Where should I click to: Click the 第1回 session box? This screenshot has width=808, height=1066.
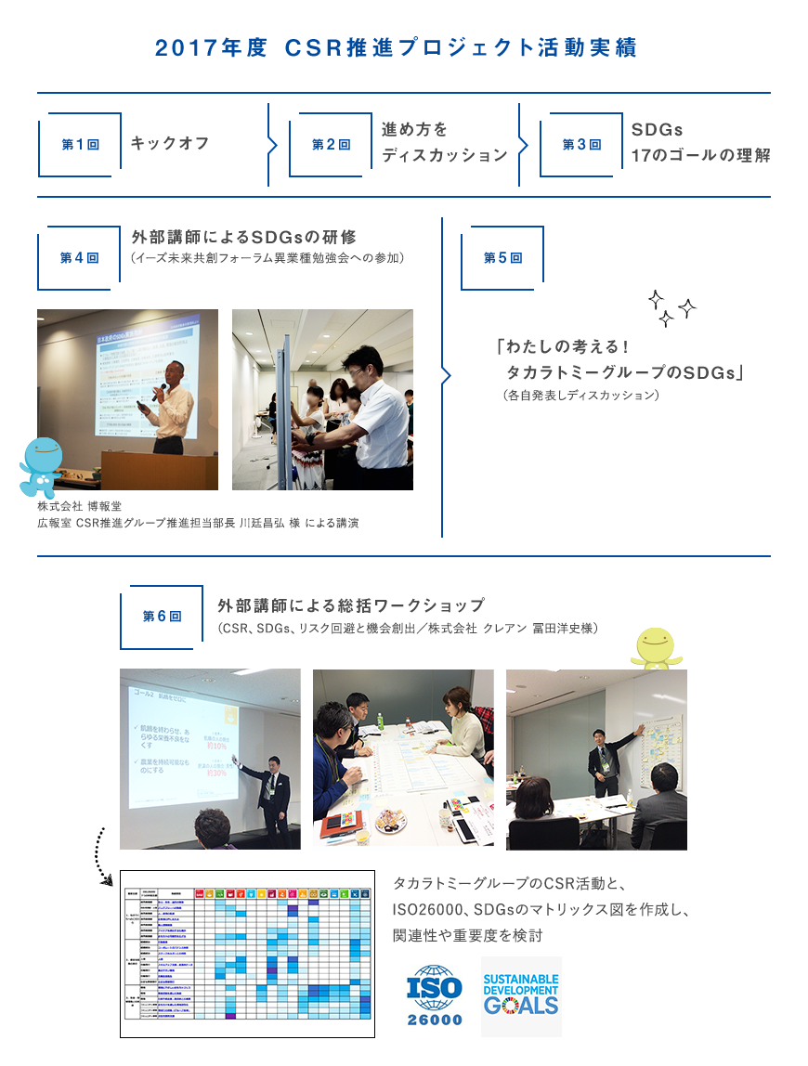pos(80,145)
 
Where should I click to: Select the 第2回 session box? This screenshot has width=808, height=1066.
pos(331,145)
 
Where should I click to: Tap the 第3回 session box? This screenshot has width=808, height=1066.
pos(581,145)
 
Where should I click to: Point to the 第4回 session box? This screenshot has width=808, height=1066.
pos(79,257)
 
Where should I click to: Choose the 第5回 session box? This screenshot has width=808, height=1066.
pos(502,257)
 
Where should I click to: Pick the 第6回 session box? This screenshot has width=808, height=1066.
pos(162,617)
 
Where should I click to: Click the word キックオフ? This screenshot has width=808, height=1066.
pos(170,143)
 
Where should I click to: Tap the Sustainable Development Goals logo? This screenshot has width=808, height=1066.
pos(521,995)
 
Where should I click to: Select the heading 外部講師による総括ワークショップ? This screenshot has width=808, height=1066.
pos(351,606)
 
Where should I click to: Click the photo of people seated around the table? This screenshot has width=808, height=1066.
pos(403,759)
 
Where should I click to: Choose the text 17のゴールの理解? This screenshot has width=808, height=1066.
pos(700,155)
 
